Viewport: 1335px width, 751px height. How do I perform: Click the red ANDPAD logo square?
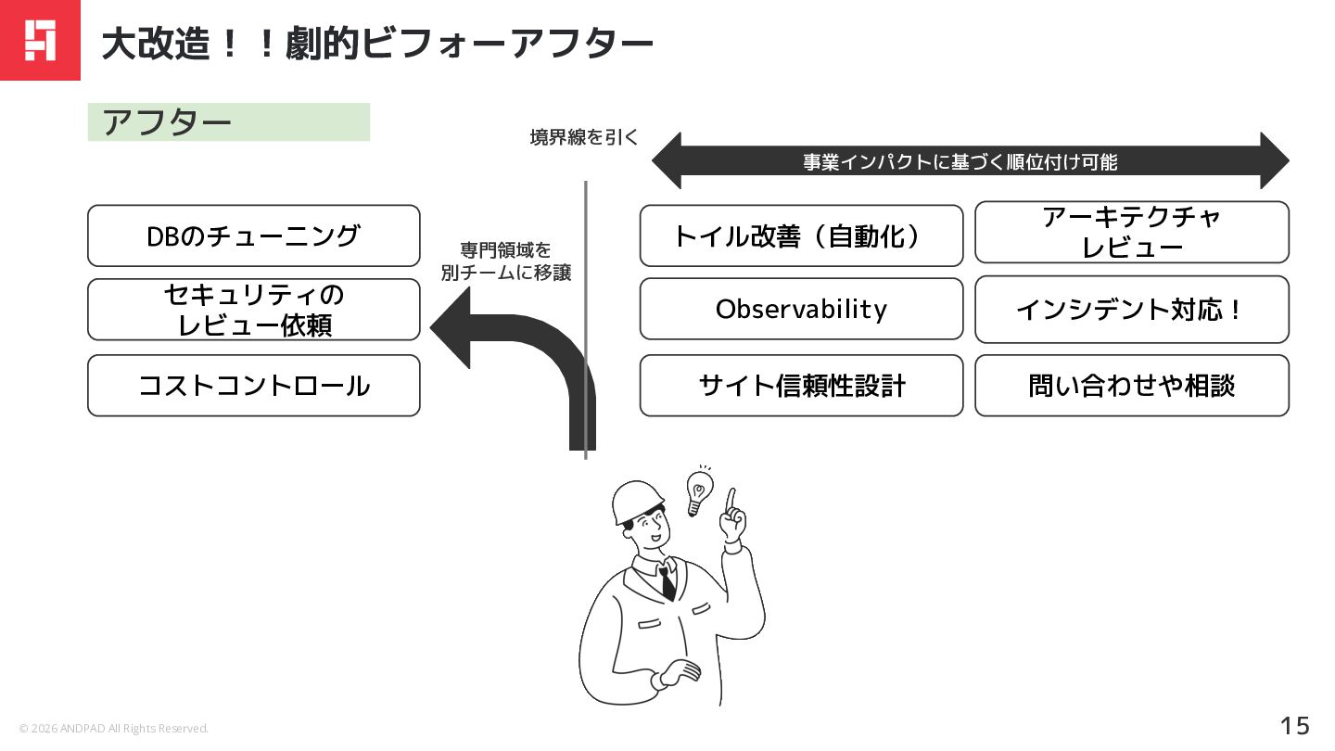click(x=40, y=40)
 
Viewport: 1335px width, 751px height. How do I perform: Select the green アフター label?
click(x=228, y=122)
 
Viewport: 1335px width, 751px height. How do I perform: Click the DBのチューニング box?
click(x=253, y=235)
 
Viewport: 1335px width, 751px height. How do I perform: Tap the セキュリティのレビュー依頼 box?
click(x=253, y=310)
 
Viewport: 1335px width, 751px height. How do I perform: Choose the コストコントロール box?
click(x=253, y=386)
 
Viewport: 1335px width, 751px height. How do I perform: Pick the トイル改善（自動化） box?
click(x=801, y=235)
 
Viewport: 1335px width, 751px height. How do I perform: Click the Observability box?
click(x=801, y=309)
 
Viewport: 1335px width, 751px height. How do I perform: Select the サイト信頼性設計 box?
click(x=801, y=386)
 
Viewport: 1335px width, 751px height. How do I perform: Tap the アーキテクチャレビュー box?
click(x=1131, y=232)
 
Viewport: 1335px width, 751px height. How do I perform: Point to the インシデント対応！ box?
click(x=1131, y=309)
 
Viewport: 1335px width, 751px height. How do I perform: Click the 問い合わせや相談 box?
click(x=1131, y=386)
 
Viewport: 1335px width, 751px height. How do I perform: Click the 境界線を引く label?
click(x=584, y=138)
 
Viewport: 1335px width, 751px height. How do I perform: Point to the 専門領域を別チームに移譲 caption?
click(x=505, y=261)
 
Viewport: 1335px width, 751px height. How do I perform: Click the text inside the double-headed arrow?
click(x=960, y=162)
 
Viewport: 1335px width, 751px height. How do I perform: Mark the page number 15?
click(x=1295, y=725)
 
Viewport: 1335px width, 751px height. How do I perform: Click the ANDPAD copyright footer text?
click(x=114, y=729)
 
